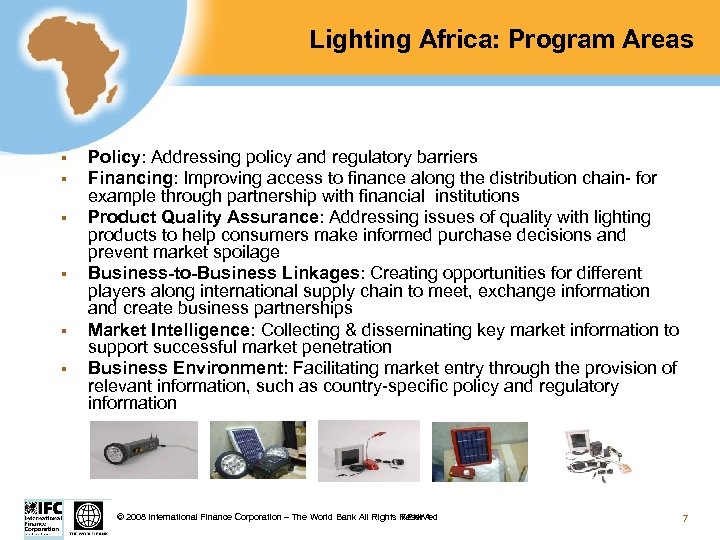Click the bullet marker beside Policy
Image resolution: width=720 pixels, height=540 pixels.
(x=62, y=158)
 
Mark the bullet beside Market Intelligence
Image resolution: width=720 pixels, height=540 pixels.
(x=62, y=330)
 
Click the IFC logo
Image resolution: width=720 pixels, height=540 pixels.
(x=42, y=517)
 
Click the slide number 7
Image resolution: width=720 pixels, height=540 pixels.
(x=684, y=517)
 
